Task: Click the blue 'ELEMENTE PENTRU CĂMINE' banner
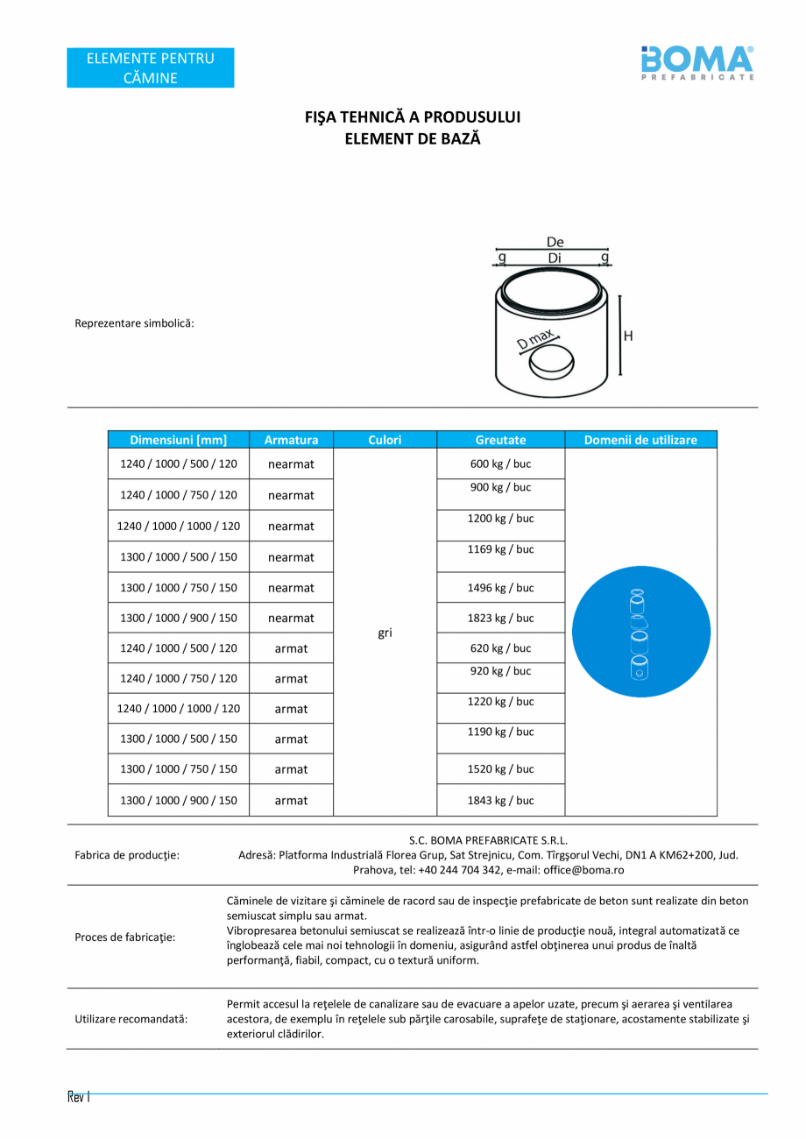[151, 67]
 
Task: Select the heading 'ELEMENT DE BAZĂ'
[412, 138]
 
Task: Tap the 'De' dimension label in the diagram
[555, 243]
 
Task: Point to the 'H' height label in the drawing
[627, 336]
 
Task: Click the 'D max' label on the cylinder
[537, 340]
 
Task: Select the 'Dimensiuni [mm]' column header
[179, 440]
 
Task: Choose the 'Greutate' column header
[500, 440]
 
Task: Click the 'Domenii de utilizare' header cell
[640, 440]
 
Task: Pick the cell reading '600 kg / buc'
[500, 463]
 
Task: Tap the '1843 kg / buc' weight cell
[500, 800]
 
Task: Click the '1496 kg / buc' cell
[500, 588]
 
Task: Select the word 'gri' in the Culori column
[385, 633]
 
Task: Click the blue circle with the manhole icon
[640, 632]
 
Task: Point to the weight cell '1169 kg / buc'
[500, 549]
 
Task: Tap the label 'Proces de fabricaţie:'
[125, 937]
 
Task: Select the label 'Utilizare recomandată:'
[131, 1019]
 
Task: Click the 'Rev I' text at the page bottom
[79, 1097]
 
